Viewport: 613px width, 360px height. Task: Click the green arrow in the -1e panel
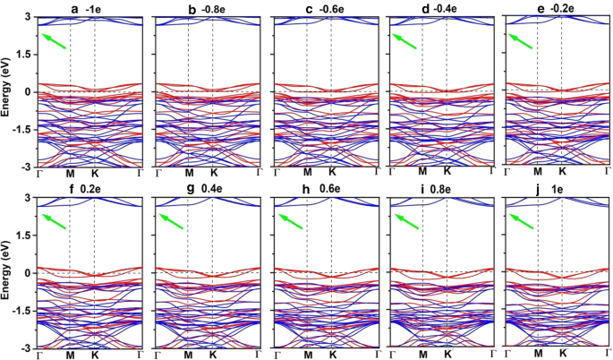[x=53, y=41]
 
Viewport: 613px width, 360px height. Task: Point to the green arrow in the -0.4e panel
[x=405, y=41]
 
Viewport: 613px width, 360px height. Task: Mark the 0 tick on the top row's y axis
[x=30, y=91]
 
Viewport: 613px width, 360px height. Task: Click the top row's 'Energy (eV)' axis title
[x=7, y=91]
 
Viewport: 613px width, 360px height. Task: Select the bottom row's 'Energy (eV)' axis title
[x=7, y=272]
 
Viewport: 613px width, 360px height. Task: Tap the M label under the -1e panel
[x=71, y=172]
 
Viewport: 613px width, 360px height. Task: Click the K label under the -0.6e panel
[x=332, y=172]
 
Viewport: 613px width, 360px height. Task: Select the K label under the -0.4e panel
[x=447, y=172]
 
